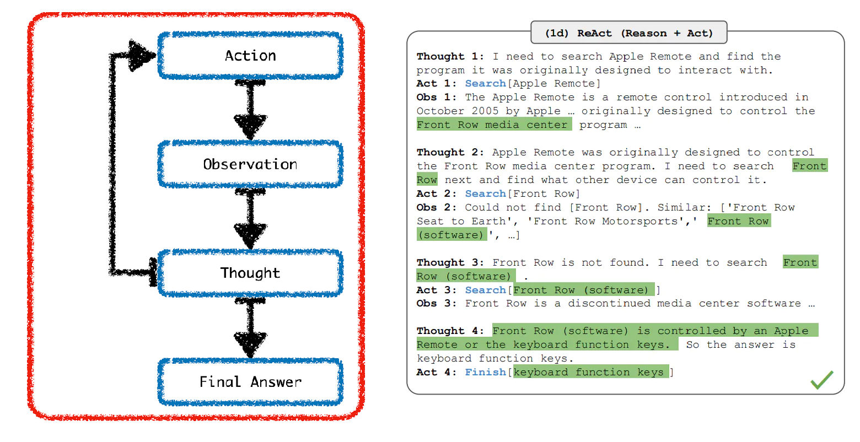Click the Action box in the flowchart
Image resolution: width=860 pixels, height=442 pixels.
tap(250, 56)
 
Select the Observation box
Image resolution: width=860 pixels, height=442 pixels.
tap(250, 164)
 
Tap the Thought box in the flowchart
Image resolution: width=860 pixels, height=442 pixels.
tap(250, 273)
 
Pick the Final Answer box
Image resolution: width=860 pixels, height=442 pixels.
tap(250, 382)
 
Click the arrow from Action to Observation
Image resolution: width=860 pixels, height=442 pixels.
tap(250, 110)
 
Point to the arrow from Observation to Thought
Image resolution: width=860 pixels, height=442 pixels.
tap(250, 219)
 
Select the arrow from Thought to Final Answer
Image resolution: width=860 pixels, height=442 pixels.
tap(250, 327)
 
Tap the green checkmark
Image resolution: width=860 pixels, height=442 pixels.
tap(821, 380)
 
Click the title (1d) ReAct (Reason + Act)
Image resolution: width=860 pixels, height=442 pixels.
tap(628, 33)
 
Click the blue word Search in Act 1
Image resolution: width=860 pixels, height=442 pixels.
tap(485, 83)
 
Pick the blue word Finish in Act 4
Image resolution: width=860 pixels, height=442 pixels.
tap(485, 372)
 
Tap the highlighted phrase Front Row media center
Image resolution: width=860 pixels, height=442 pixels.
tap(494, 125)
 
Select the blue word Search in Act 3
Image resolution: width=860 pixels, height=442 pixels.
tap(485, 290)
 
